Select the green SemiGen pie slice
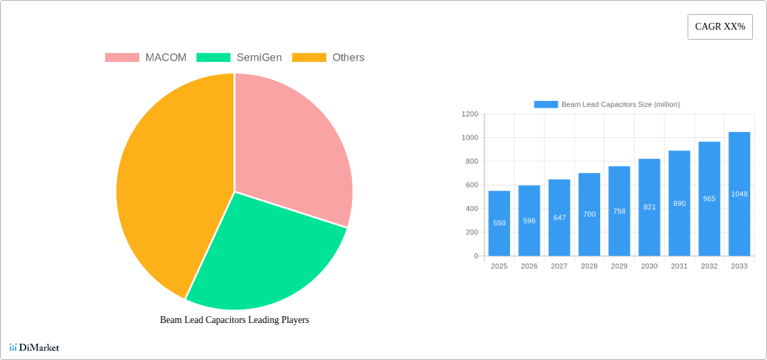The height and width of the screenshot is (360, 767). pos(262,249)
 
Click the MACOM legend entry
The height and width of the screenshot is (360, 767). pos(146,58)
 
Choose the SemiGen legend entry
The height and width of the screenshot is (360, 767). pos(240,58)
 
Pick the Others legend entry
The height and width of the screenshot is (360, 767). pos(328,58)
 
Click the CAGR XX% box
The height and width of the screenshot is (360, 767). pos(720,27)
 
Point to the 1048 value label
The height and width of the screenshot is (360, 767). pos(739,194)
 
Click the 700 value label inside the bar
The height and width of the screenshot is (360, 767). pos(589,215)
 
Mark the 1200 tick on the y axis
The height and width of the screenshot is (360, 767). pos(470,114)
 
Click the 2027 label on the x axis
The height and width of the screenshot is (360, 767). pos(559,266)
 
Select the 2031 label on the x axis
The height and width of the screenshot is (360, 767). pos(679,266)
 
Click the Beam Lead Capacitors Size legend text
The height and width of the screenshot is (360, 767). pos(620,104)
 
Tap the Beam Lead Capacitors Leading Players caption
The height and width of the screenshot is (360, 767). pos(234,320)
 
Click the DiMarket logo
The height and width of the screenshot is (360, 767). pos(34,348)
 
